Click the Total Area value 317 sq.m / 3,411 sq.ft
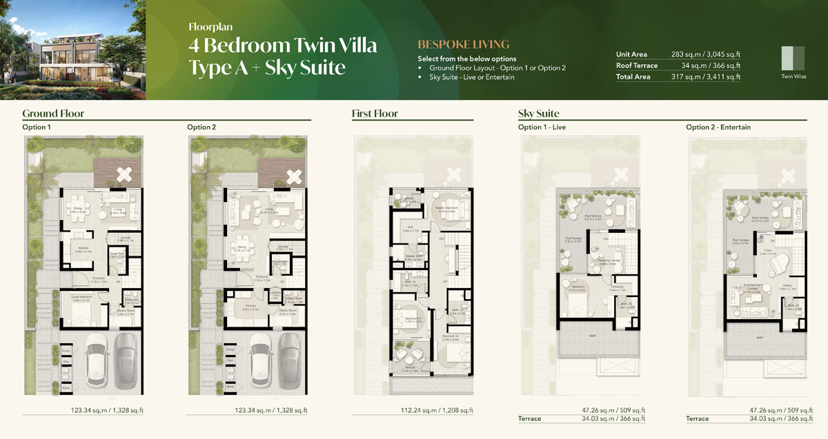click(705, 77)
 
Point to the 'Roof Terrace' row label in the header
click(636, 65)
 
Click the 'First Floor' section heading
click(375, 114)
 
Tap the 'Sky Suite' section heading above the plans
click(538, 114)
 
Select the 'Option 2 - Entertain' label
click(718, 127)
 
